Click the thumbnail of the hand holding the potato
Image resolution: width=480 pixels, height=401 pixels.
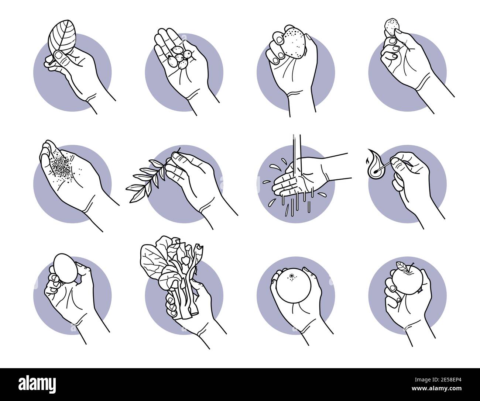(295, 70)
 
